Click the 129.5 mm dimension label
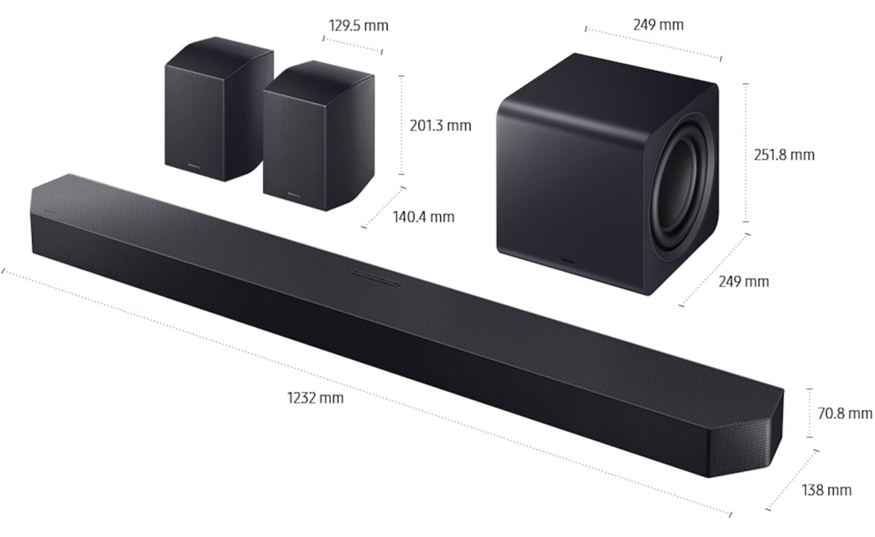[358, 26]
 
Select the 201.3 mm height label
[440, 125]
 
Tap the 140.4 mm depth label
[423, 217]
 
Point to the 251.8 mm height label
[784, 155]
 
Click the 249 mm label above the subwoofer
[658, 25]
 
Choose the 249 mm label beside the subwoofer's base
[743, 281]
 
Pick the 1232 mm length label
[315, 398]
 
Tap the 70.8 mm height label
[845, 414]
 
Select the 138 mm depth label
[826, 490]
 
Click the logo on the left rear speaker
[193, 166]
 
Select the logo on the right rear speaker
[293, 194]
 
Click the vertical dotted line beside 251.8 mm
[746, 152]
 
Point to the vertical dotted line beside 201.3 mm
[401, 125]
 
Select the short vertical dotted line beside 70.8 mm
[809, 413]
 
